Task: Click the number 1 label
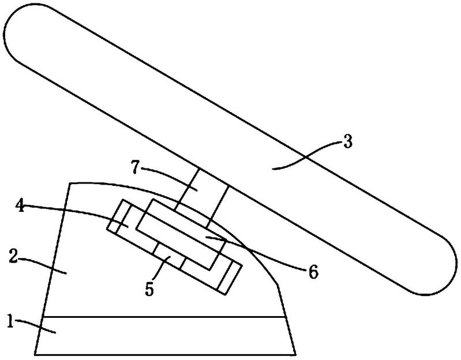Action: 10,321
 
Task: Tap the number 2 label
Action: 13,256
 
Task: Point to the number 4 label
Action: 20,207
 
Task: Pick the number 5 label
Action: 149,290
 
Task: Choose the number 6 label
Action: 314,272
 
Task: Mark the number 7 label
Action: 134,168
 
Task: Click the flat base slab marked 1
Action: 165,336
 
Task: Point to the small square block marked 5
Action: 168,257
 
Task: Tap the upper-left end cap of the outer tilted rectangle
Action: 118,216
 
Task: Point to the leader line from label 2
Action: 44,264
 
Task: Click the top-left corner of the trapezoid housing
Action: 69,183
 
